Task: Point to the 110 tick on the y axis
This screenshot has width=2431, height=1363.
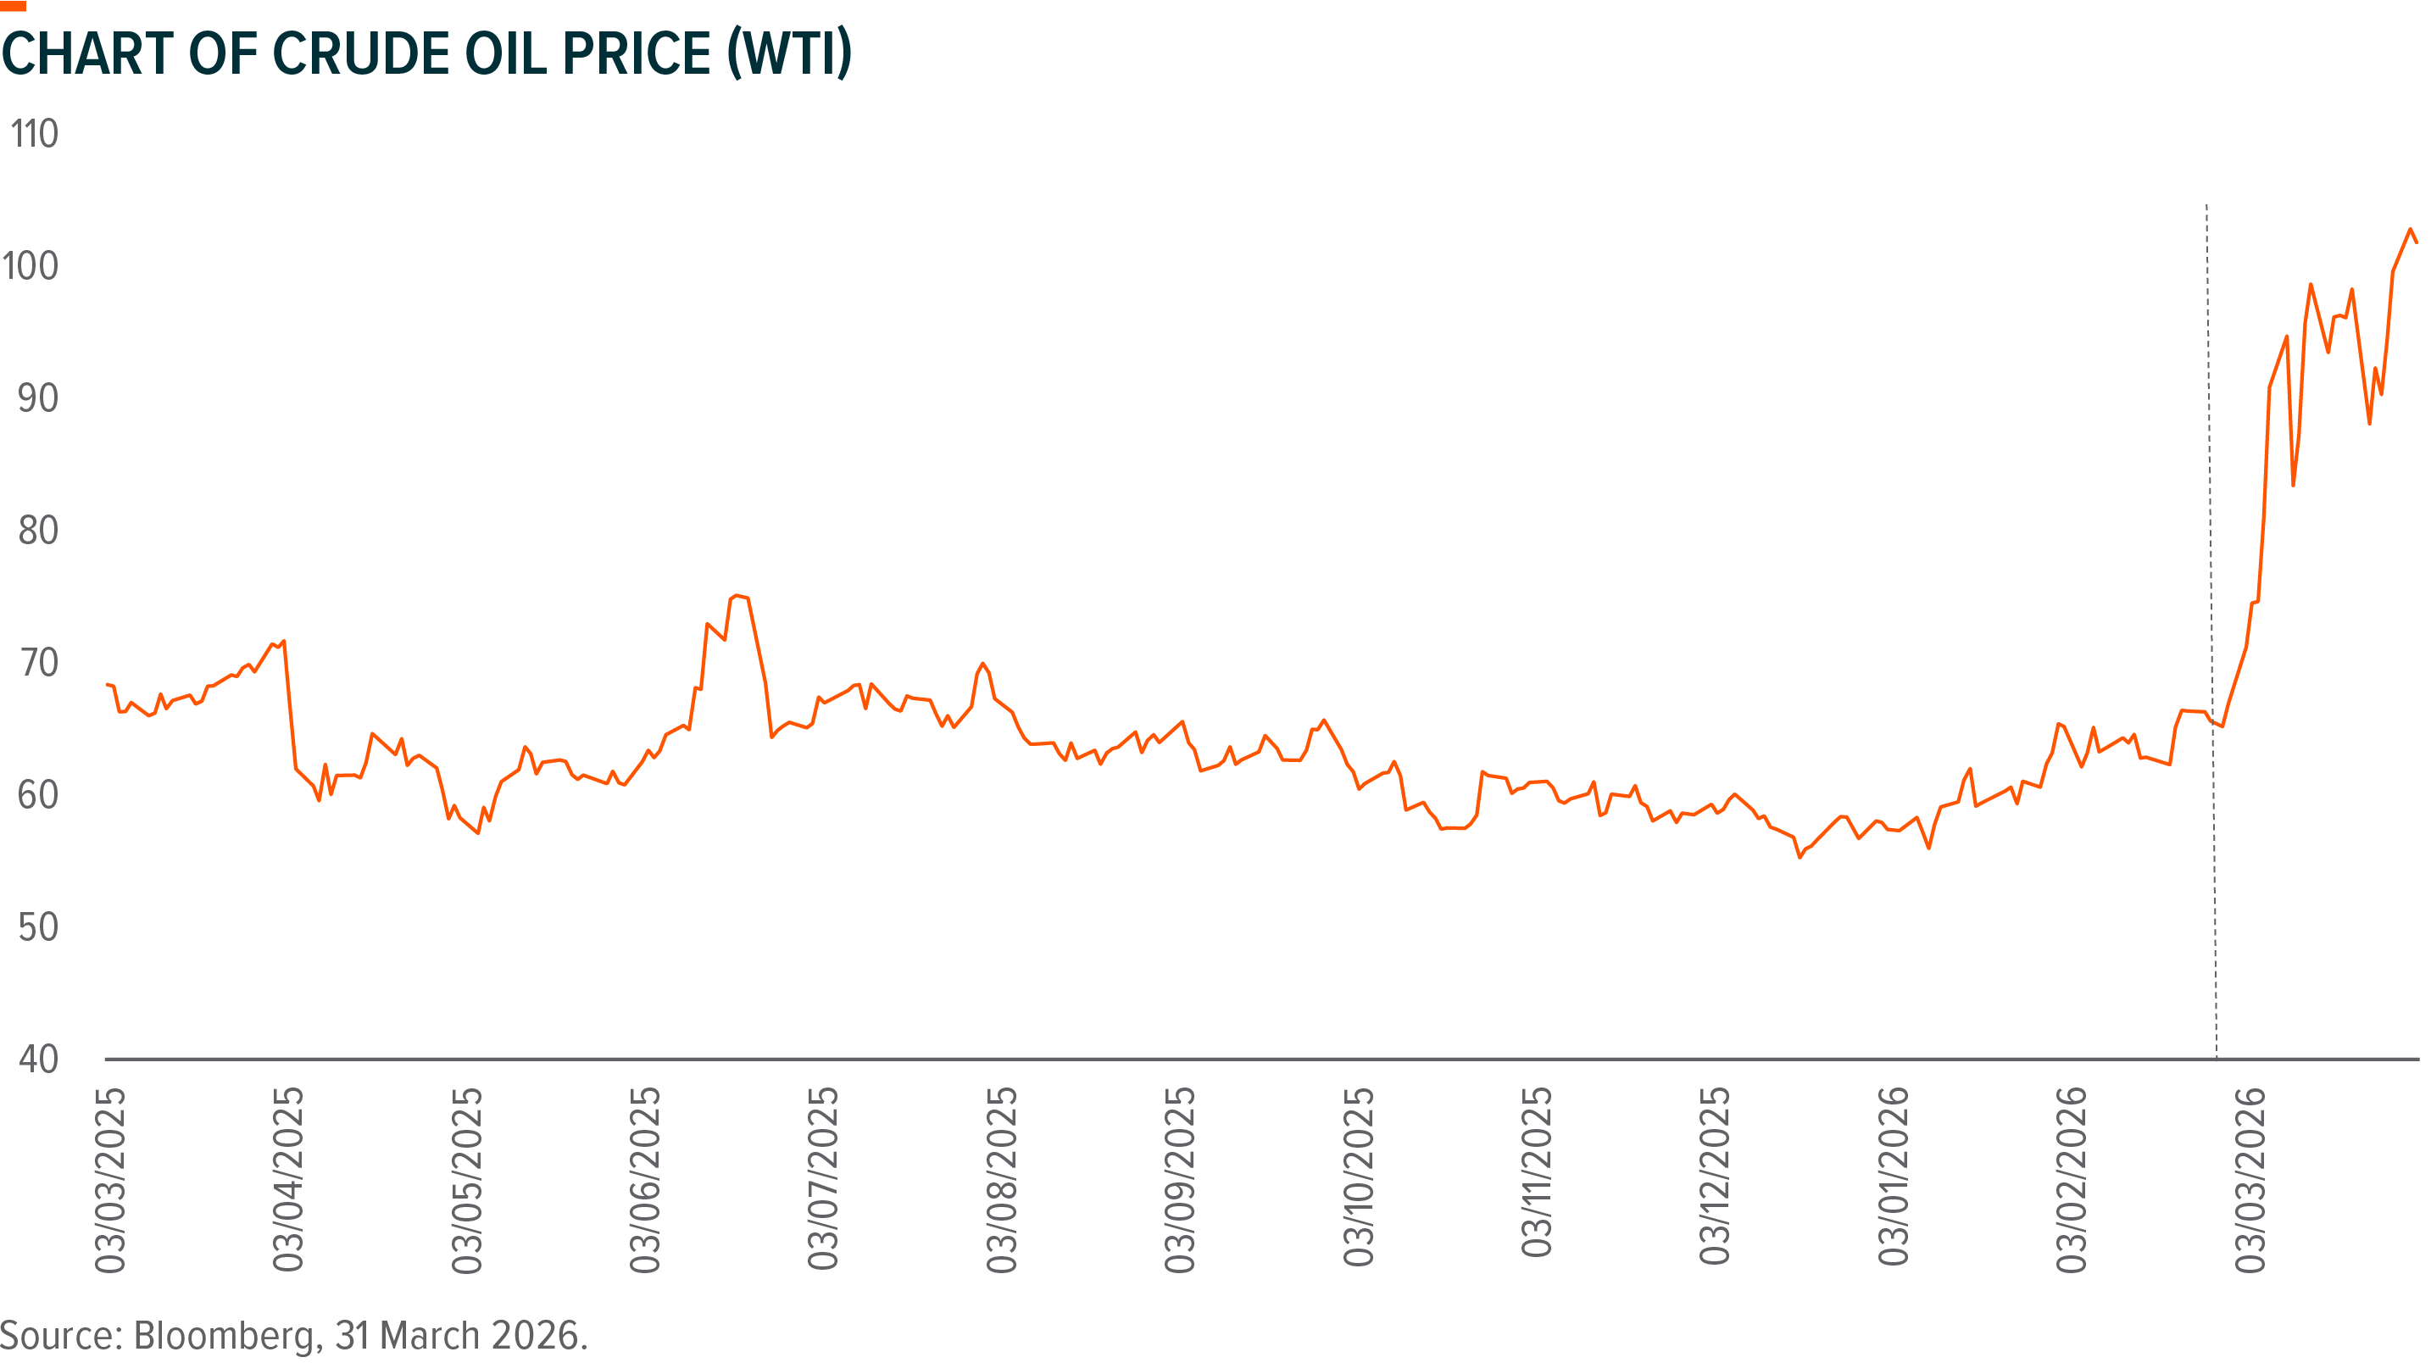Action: point(34,134)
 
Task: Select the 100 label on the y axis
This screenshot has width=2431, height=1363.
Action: point(31,266)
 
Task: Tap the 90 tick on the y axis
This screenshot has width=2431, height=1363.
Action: point(38,398)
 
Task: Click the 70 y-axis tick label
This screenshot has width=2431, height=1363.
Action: point(38,663)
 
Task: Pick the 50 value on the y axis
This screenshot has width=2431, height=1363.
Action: point(38,927)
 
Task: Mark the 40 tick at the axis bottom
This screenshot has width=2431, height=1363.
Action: point(38,1059)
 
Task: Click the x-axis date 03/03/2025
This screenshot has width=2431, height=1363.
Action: point(109,1180)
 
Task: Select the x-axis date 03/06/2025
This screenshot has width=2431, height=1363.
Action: point(646,1180)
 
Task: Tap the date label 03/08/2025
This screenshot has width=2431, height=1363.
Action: point(1002,1180)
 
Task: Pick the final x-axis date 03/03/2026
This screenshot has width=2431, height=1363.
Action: point(2250,1180)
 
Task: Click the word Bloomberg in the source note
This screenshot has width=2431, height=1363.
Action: point(224,1336)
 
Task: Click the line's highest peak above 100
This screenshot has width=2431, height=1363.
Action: point(2411,230)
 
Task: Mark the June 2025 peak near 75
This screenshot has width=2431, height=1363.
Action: point(736,596)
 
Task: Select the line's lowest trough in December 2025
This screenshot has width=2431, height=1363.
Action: point(1800,857)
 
